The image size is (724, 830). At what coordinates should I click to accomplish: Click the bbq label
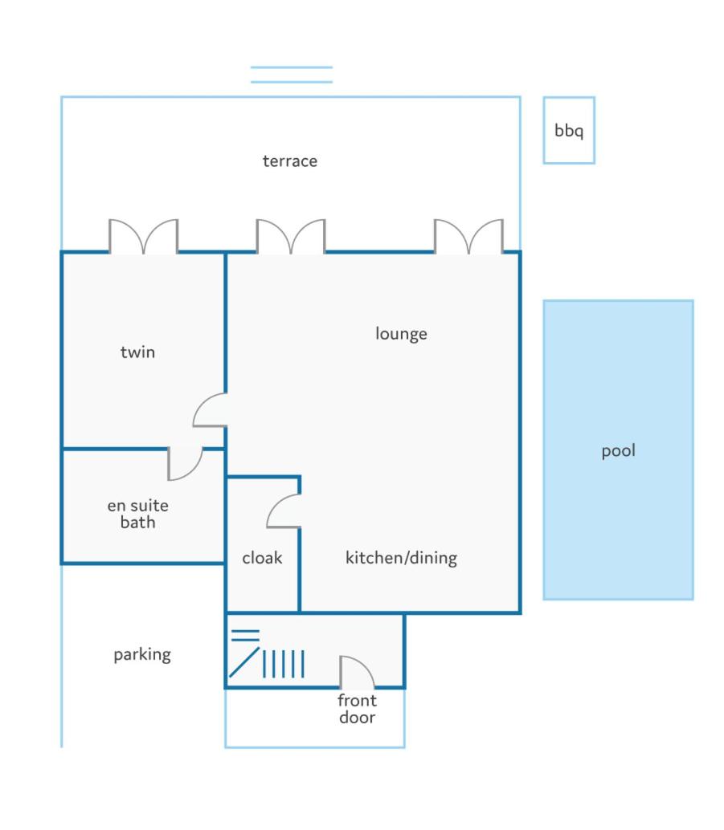[569, 130]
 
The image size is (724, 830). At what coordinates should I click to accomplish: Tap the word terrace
[290, 161]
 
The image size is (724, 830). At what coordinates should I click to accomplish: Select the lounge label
[401, 333]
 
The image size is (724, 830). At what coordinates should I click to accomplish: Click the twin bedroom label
[137, 352]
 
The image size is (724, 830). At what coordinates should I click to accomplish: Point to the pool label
[619, 451]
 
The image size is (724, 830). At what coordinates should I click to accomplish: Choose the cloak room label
[262, 557]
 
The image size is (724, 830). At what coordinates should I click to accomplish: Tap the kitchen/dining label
[401, 558]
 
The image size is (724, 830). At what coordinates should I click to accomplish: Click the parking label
[142, 655]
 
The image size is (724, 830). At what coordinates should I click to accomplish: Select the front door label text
[358, 709]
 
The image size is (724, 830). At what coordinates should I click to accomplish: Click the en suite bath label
[137, 514]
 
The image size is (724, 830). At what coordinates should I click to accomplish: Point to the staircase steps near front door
[284, 664]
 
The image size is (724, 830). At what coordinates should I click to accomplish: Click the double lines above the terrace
[292, 75]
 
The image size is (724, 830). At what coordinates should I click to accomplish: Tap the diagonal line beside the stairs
[244, 661]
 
